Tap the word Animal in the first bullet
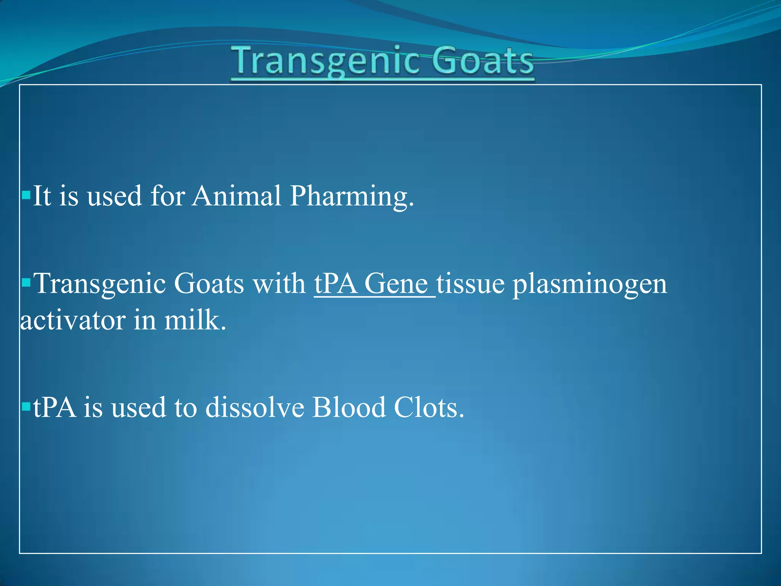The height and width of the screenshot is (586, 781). pyautogui.click(x=236, y=196)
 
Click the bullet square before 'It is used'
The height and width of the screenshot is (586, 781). pyautogui.click(x=26, y=196)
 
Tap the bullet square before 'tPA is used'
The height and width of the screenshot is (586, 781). pyautogui.click(x=26, y=407)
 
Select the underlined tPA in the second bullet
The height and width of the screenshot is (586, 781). pyautogui.click(x=336, y=284)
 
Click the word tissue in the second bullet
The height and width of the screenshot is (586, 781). pyautogui.click(x=471, y=284)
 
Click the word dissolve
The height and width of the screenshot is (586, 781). pyautogui.click(x=255, y=407)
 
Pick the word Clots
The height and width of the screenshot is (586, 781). pyautogui.click(x=429, y=407)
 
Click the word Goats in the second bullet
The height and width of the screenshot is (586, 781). pyautogui.click(x=209, y=284)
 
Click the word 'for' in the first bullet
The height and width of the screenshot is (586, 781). pyautogui.click(x=168, y=196)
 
